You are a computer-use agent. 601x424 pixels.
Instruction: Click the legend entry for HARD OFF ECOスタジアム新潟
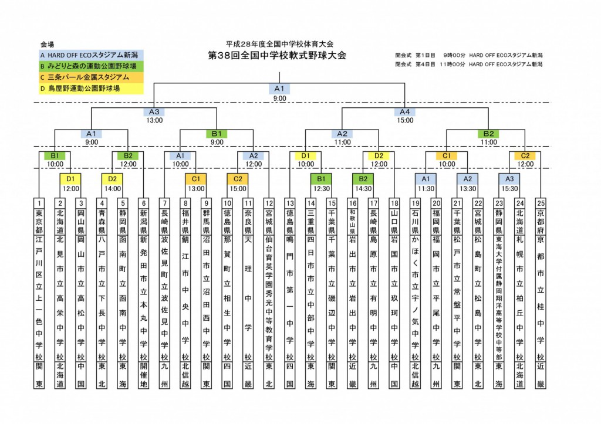tap(92, 55)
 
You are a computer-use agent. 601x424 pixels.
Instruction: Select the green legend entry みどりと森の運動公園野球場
tap(92, 66)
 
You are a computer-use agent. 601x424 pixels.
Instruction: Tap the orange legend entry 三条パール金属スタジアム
tap(92, 77)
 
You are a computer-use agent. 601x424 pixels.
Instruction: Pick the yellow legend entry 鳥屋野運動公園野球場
tap(92, 89)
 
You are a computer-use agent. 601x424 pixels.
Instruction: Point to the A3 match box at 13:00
tap(154, 112)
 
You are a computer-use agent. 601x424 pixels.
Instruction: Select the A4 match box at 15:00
tap(405, 112)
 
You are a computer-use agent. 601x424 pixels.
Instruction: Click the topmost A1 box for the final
tap(279, 89)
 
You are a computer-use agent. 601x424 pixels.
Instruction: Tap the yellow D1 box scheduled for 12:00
tap(70, 178)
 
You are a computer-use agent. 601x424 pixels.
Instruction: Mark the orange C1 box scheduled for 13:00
tap(196, 178)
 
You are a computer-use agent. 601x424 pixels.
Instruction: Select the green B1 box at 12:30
tap(322, 178)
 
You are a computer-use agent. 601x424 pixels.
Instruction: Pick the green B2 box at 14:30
tap(363, 178)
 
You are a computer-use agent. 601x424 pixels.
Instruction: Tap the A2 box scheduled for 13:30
tap(468, 178)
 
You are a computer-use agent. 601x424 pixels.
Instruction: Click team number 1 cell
tap(39, 202)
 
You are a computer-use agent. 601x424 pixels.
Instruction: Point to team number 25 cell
tap(541, 202)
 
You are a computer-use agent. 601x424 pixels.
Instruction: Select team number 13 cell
tap(289, 202)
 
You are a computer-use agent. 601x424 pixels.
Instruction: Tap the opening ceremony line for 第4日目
tap(468, 64)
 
